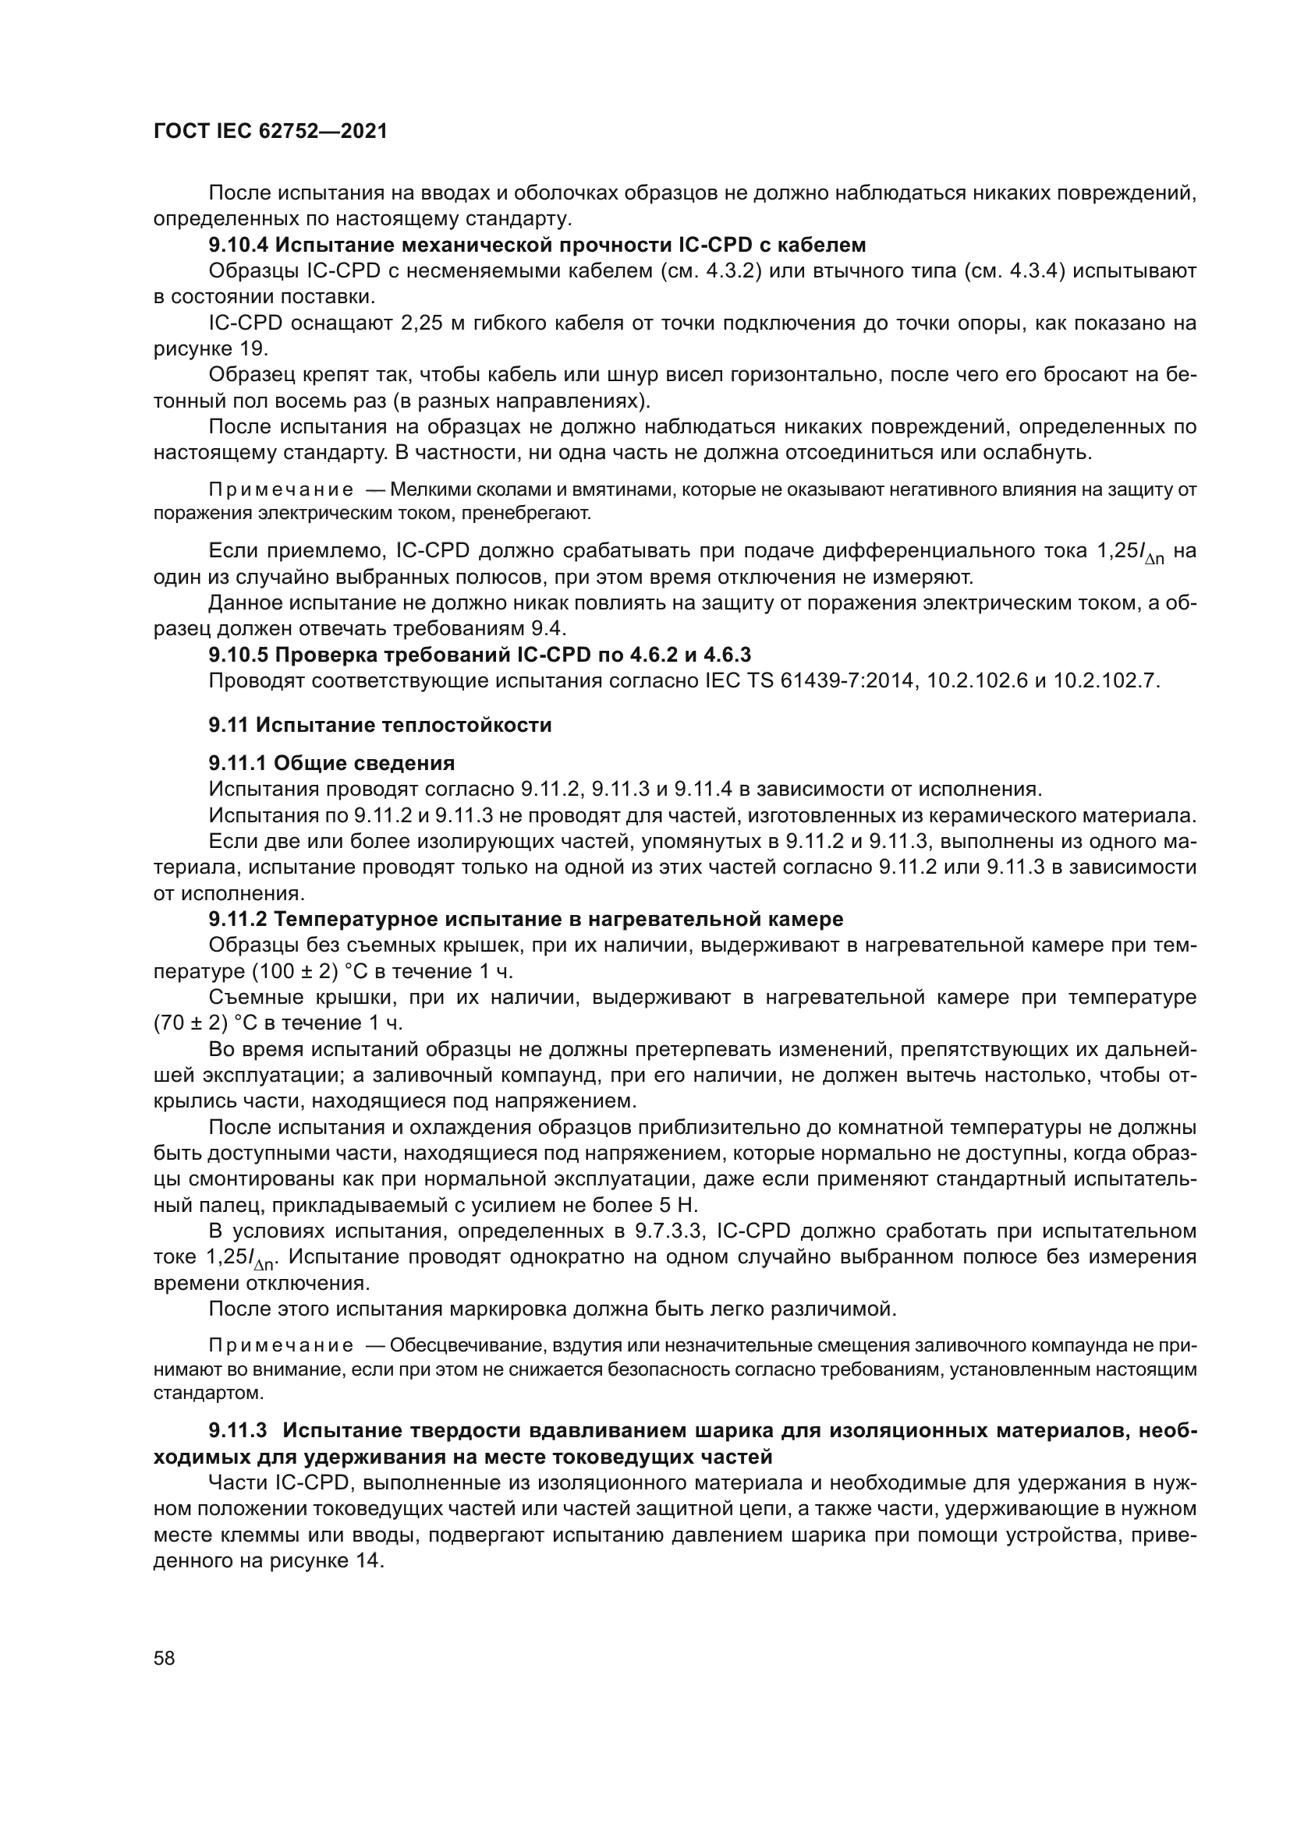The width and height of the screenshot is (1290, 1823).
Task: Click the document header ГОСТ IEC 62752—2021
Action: [270, 132]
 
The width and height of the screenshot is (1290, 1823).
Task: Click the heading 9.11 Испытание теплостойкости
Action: [380, 725]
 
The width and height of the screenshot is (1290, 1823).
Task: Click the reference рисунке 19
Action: [211, 348]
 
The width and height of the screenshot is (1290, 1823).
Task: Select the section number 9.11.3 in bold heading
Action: [241, 1431]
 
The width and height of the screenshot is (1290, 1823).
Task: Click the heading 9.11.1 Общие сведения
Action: [331, 764]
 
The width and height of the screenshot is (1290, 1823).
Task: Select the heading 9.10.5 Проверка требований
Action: [479, 654]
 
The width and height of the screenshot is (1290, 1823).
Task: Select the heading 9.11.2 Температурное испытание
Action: [525, 920]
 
